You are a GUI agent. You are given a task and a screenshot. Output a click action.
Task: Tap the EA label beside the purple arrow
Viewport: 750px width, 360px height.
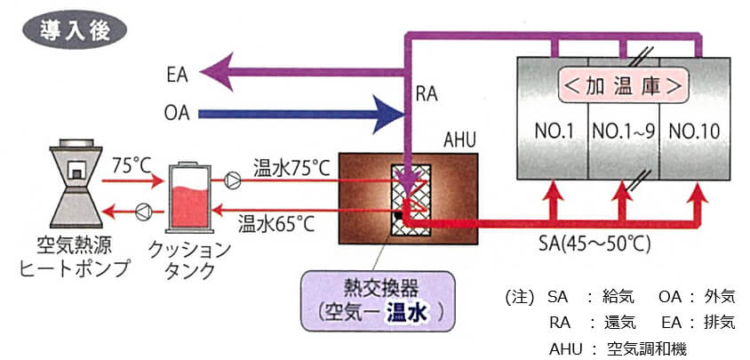176,70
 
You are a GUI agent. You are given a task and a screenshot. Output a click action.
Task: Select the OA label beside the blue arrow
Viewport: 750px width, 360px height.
176,114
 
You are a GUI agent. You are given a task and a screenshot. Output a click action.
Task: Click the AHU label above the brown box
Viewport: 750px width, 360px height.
459,140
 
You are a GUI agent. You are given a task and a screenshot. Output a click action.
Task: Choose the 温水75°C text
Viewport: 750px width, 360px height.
291,166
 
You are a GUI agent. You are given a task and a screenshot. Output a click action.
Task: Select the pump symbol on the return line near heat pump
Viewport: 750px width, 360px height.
142,211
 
